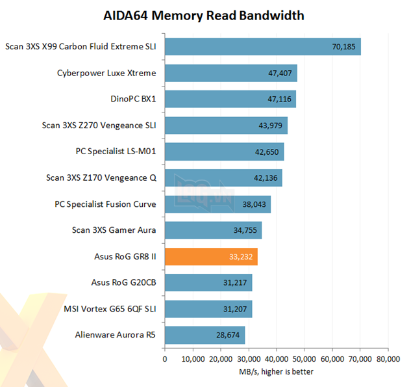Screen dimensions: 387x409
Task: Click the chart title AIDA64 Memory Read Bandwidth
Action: (204, 15)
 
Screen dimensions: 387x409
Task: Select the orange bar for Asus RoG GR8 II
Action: (211, 257)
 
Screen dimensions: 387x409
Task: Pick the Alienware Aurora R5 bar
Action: (204, 336)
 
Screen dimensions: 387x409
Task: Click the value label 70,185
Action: (344, 47)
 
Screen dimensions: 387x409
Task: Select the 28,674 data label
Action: (229, 336)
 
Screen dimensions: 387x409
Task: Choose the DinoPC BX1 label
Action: (129, 100)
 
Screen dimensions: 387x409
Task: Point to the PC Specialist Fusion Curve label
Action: (105, 204)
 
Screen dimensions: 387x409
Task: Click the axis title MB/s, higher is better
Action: (276, 372)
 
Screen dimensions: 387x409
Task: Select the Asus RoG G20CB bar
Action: (208, 283)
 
